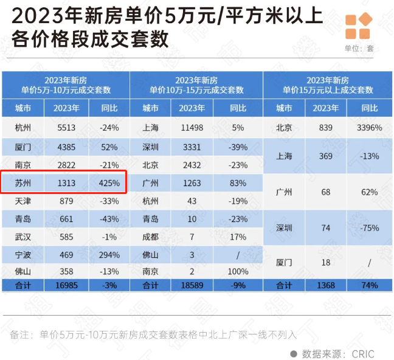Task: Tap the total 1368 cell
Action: pos(325,285)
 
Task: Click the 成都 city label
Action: pos(150,237)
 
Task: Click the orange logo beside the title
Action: pos(358,27)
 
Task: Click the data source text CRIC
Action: pos(362,353)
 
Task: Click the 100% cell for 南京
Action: pos(238,271)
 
